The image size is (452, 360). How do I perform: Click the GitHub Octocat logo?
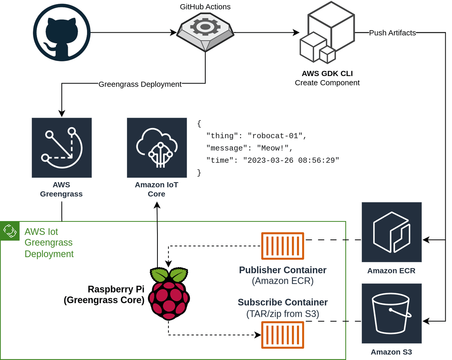62,32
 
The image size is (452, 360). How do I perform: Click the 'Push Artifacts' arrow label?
392,33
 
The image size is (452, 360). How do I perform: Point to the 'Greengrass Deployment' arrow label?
140,84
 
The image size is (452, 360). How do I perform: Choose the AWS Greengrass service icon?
62,148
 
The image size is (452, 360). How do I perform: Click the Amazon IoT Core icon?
157,148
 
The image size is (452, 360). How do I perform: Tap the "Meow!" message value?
272,148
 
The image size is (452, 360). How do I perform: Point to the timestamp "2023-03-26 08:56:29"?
291,160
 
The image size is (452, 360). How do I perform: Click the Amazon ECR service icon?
391,232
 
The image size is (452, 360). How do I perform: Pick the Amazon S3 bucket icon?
391,313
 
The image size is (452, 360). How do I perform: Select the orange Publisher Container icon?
282,246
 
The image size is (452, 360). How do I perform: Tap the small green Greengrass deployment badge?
9,231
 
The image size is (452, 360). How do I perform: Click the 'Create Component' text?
327,82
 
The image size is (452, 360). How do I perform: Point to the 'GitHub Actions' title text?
205,7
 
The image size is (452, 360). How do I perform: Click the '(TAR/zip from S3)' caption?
282,314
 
